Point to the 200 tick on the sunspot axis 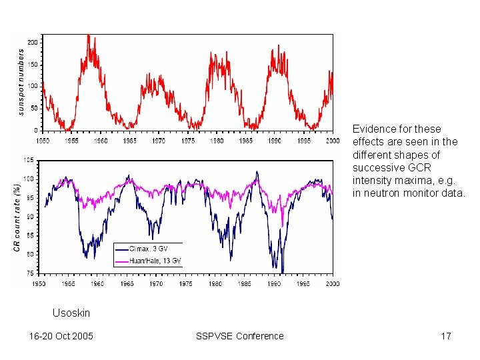(32, 42)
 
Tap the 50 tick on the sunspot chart (34, 108)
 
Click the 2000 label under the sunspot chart (333, 141)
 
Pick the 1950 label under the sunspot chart (42, 141)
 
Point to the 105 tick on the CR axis (29, 160)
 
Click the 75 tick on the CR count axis (30, 273)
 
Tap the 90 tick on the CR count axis (30, 217)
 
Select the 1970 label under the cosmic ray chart (155, 283)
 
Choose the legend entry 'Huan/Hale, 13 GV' (155, 260)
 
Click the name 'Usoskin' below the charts (71, 313)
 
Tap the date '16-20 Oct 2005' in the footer (61, 336)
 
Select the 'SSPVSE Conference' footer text (239, 336)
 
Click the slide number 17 (446, 336)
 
